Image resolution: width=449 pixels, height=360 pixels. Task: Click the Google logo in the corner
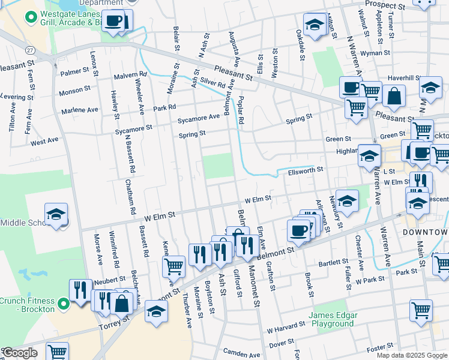19,353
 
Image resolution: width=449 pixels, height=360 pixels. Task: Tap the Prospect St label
385,5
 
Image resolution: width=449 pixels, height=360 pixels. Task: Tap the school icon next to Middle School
56,214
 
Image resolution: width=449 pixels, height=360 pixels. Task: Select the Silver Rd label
212,82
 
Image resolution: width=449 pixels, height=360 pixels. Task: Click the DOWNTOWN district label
424,232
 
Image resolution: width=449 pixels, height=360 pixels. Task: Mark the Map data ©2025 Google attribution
412,355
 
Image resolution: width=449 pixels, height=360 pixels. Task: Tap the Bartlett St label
333,262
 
